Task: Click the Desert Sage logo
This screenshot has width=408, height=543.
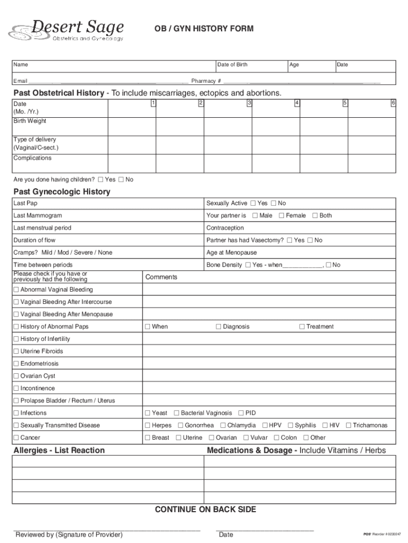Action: pyautogui.click(x=66, y=30)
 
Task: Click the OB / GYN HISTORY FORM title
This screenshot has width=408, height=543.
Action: pyautogui.click(x=203, y=29)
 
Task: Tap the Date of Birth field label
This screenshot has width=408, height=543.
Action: pyautogui.click(x=232, y=65)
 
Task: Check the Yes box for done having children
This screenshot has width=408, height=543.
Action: pyautogui.click(x=101, y=179)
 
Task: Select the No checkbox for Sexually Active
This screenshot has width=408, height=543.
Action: pyautogui.click(x=274, y=203)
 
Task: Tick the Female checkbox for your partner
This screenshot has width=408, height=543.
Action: pyautogui.click(x=281, y=215)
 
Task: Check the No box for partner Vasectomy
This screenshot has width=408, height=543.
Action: pyautogui.click(x=310, y=240)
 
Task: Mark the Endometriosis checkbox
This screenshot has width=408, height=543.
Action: pyautogui.click(x=16, y=364)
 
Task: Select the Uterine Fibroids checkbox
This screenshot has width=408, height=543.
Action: pyautogui.click(x=16, y=351)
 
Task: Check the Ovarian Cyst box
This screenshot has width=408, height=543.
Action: pyautogui.click(x=16, y=376)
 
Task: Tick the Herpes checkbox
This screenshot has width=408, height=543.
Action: pyautogui.click(x=148, y=425)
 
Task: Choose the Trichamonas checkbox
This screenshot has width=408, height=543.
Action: pyautogui.click(x=349, y=425)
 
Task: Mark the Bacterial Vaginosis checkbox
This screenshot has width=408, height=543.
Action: pyautogui.click(x=176, y=413)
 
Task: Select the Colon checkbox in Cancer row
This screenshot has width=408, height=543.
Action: pyautogui.click(x=276, y=437)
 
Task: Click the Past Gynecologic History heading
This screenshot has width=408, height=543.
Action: pyautogui.click(x=61, y=192)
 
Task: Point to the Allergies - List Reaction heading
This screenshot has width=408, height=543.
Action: pyautogui.click(x=59, y=450)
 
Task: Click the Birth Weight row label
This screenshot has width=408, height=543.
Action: pyautogui.click(x=30, y=121)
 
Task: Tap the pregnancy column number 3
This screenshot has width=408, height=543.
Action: pyautogui.click(x=249, y=102)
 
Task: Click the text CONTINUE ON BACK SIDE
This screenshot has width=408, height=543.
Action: pyautogui.click(x=205, y=510)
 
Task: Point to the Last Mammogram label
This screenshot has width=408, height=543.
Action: pyautogui.click(x=38, y=215)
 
